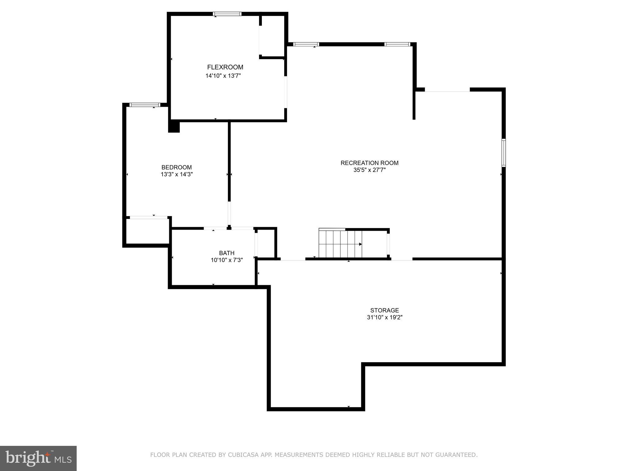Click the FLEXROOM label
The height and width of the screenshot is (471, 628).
coord(225,67)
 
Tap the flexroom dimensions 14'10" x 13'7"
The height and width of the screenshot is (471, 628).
coord(223,76)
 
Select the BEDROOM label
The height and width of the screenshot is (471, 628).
coord(177,167)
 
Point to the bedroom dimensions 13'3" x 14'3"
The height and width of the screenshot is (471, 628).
coord(177,174)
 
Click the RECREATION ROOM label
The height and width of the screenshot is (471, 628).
coord(370,163)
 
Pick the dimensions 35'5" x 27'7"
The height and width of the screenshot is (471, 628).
coord(370,170)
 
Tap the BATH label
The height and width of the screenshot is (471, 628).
coord(227,253)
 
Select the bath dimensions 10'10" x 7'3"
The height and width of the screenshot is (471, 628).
coord(227,260)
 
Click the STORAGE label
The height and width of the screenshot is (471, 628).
coord(385,310)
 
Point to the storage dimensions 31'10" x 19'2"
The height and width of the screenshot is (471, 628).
coord(385,317)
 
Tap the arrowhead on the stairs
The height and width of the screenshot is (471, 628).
coord(360,244)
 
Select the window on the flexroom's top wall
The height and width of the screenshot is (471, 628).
coord(227,14)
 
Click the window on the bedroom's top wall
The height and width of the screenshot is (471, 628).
coord(145,105)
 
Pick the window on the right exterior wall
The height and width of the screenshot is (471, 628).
coord(504,153)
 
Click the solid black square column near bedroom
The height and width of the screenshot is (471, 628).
coord(174,127)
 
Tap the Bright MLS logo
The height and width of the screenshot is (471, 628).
coord(38,458)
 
